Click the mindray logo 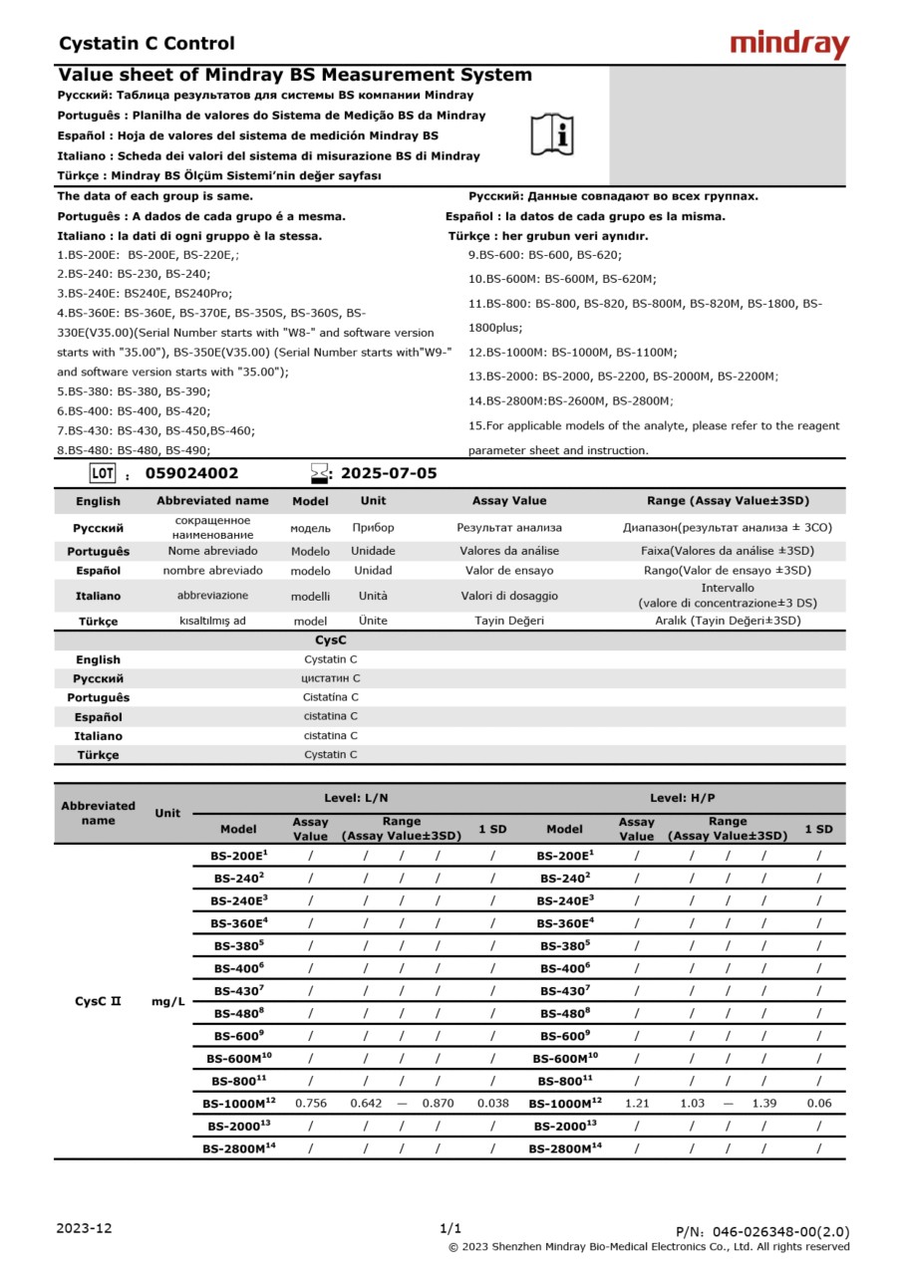(x=789, y=44)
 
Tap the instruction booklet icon (x=551, y=134)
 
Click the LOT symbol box (x=104, y=473)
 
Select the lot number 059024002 (x=192, y=474)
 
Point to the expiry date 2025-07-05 (x=389, y=474)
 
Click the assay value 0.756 (x=311, y=1104)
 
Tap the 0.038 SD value (x=492, y=1104)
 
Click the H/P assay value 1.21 (x=637, y=1104)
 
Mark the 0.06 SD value (x=819, y=1104)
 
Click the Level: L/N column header (x=356, y=798)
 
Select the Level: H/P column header (x=683, y=798)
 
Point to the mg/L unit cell (x=167, y=1001)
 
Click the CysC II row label (x=98, y=1001)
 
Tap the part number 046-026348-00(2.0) (x=762, y=1232)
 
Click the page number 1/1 (x=451, y=1228)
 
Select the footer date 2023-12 (x=85, y=1228)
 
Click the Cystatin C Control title (x=147, y=44)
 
